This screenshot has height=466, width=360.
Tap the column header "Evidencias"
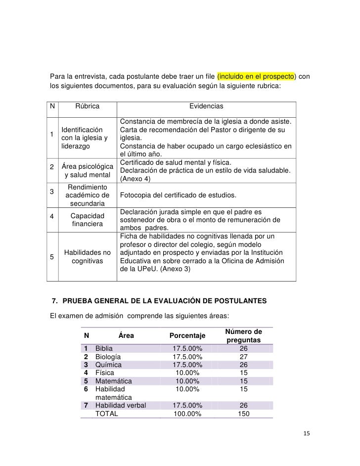pyautogui.click(x=206, y=106)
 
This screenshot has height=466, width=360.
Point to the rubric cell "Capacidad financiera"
pyautogui.click(x=87, y=220)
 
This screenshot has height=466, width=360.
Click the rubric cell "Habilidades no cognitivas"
pyautogui.click(x=87, y=256)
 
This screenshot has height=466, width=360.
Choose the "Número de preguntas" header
pyautogui.click(x=243, y=336)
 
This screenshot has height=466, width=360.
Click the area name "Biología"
pyautogui.click(x=108, y=357)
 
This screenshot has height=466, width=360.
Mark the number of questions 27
pyautogui.click(x=243, y=357)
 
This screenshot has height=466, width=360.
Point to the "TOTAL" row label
pyautogui.click(x=106, y=414)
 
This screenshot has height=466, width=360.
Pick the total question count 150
pyautogui.click(x=243, y=414)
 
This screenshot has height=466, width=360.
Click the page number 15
pyautogui.click(x=306, y=434)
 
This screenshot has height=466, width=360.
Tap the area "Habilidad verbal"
pyautogui.click(x=120, y=406)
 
